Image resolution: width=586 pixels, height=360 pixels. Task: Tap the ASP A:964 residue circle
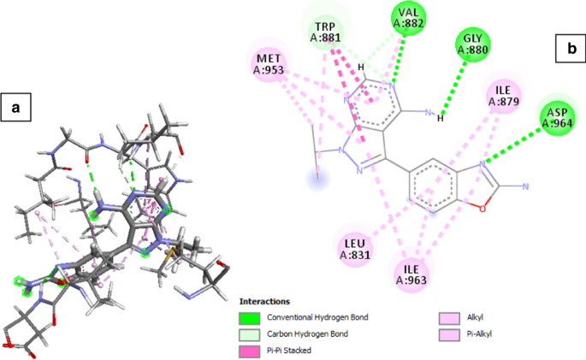558,118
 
